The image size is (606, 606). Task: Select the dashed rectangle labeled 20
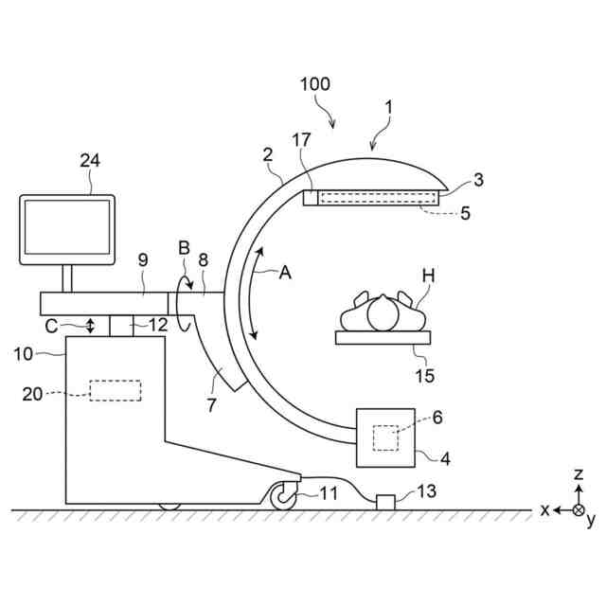(115, 390)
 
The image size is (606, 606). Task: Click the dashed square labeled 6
(386, 438)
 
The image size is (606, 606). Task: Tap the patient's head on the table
(383, 312)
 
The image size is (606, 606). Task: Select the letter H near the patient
(428, 276)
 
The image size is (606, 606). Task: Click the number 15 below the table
(425, 376)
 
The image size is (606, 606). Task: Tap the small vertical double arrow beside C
(90, 325)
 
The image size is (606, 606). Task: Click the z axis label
(579, 472)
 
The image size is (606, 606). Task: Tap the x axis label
(545, 509)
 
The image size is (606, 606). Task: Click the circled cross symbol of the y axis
(579, 509)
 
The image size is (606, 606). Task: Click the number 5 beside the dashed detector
(464, 214)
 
